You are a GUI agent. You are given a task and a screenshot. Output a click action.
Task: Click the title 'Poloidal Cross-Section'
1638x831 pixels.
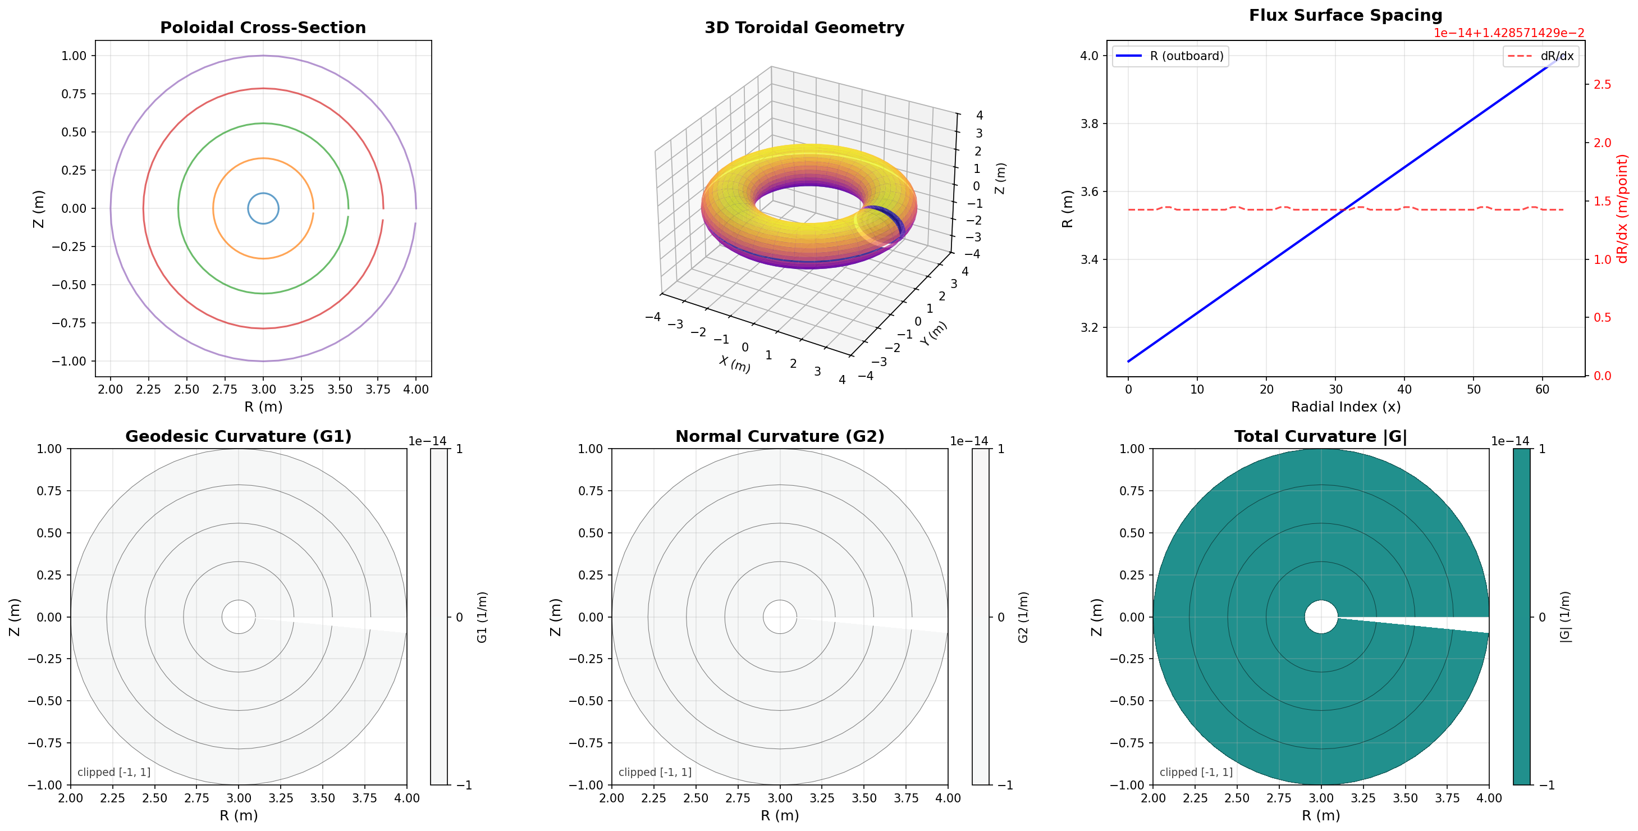[x=263, y=28]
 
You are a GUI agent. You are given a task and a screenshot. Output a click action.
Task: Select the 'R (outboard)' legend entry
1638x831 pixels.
[x=1186, y=56]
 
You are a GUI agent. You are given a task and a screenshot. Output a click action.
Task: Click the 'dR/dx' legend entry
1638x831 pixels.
[x=1556, y=56]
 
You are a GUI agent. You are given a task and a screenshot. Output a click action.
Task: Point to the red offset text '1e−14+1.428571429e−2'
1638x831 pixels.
[x=1508, y=33]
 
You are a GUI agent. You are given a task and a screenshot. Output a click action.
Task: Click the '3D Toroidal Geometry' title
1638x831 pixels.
[x=804, y=28]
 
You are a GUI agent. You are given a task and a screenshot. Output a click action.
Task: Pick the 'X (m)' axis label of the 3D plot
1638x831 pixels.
[x=734, y=364]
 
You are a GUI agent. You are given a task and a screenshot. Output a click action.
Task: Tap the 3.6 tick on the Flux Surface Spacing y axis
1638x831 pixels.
[x=1089, y=191]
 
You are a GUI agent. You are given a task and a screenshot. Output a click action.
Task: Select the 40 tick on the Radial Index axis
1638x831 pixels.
[x=1404, y=389]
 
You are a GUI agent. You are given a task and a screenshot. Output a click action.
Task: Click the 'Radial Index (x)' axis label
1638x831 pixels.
[x=1346, y=407]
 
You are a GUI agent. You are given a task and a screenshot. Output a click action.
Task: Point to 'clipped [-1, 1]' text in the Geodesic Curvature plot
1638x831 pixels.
[x=114, y=772]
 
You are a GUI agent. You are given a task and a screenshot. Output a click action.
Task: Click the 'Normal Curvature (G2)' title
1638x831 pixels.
[x=780, y=436]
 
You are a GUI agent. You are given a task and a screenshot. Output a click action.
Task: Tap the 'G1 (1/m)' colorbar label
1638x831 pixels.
[x=482, y=617]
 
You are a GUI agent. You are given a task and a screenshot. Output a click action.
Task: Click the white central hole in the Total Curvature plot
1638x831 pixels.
[x=1321, y=617]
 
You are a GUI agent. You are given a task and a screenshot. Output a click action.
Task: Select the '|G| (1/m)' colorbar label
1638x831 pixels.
[x=1565, y=617]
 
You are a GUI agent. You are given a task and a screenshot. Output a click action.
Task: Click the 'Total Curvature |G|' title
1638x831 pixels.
[x=1321, y=436]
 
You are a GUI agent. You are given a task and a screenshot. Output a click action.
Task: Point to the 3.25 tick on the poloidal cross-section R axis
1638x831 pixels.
[x=301, y=389]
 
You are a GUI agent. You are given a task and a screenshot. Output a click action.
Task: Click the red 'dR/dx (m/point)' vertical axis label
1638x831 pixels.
[x=1622, y=208]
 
